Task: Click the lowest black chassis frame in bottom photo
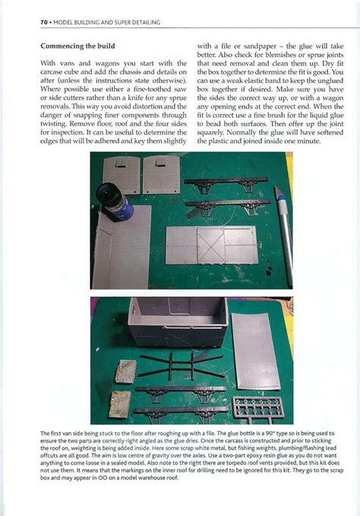click(182, 411)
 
